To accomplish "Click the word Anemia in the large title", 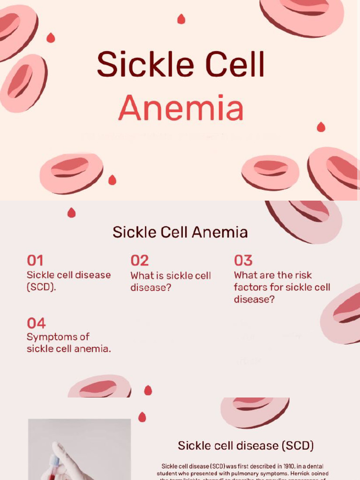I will click(181, 108).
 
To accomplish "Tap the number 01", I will click(35, 261).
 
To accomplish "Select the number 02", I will click(139, 261).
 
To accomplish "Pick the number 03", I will click(243, 261).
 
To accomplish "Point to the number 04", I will click(36, 323).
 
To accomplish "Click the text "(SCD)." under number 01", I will click(41, 287).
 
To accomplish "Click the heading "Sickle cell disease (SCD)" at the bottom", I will click(246, 445).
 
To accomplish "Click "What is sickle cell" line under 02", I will click(171, 276).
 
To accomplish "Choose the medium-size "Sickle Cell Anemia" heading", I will click(180, 232).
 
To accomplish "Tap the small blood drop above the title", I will click(181, 19).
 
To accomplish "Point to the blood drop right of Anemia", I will click(321, 127).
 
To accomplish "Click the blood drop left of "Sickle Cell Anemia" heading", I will click(71, 213).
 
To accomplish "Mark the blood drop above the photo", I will click(142, 417).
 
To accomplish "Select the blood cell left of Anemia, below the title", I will click(71, 172).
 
